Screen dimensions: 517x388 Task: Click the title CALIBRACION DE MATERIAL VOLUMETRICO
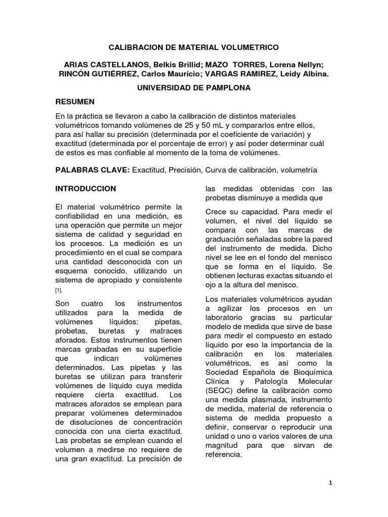(x=194, y=47)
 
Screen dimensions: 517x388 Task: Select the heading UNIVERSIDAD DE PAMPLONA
(x=194, y=87)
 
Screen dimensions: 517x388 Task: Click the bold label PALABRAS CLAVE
(x=92, y=170)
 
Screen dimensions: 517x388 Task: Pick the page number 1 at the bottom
(x=330, y=483)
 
